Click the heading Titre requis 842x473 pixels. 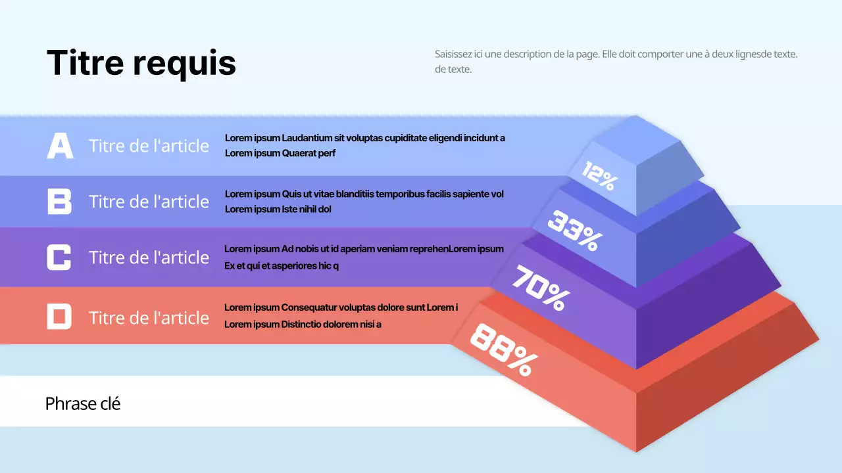[141, 63]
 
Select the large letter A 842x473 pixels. [60, 146]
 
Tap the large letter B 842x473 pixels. [59, 201]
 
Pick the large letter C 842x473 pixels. [59, 257]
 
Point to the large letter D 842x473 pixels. [59, 317]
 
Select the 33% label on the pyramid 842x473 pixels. [574, 231]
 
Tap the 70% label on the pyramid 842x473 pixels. [541, 288]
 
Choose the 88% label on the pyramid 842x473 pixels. [503, 350]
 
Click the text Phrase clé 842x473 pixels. [83, 403]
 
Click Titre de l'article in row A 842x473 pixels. [149, 146]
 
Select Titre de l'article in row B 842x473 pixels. [149, 202]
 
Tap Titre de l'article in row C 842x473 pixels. [149, 258]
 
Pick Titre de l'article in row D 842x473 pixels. [149, 318]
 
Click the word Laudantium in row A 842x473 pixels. [307, 138]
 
